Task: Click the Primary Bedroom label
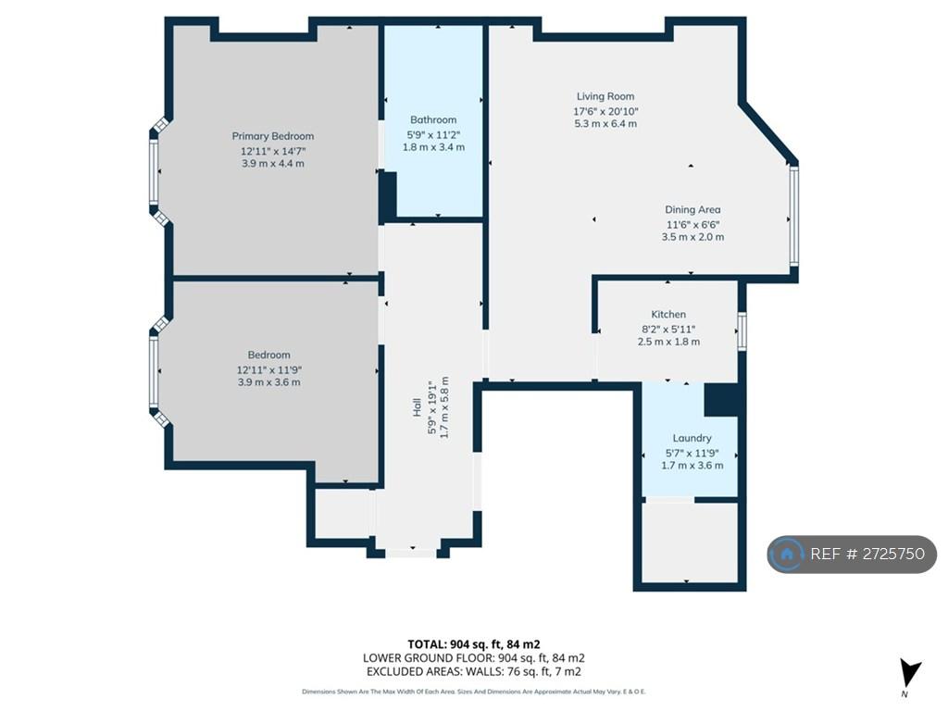coord(273,136)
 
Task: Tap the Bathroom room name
coord(433,119)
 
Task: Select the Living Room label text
coord(605,96)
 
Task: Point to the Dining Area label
coord(692,210)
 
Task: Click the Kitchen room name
coord(668,315)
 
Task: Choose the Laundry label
coord(692,438)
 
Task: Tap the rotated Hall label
coord(417,407)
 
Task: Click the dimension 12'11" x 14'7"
coord(273,151)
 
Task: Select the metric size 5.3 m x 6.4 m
coord(605,123)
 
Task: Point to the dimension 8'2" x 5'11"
coord(668,330)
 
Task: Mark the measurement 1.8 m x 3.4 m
coord(433,147)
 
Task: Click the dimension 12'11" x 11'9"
coord(269,370)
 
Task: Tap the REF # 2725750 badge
coord(852,554)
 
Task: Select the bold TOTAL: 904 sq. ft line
coord(473,644)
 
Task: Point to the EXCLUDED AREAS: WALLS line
coord(473,671)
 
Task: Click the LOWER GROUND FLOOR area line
coord(473,658)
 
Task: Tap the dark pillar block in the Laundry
coord(721,399)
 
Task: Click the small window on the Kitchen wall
coord(742,331)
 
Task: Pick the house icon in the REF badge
coord(787,554)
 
